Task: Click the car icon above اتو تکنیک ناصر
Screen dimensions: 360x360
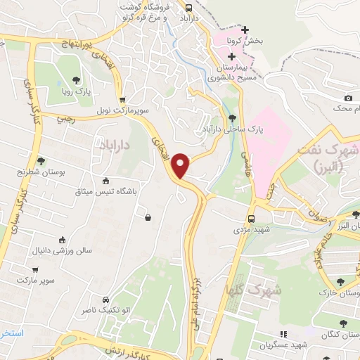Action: (105, 298)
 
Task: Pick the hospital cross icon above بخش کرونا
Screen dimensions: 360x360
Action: (244, 30)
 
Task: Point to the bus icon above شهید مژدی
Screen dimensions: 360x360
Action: (252, 219)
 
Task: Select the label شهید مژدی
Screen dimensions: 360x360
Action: (252, 230)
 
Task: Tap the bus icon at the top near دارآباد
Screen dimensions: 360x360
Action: (188, 8)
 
